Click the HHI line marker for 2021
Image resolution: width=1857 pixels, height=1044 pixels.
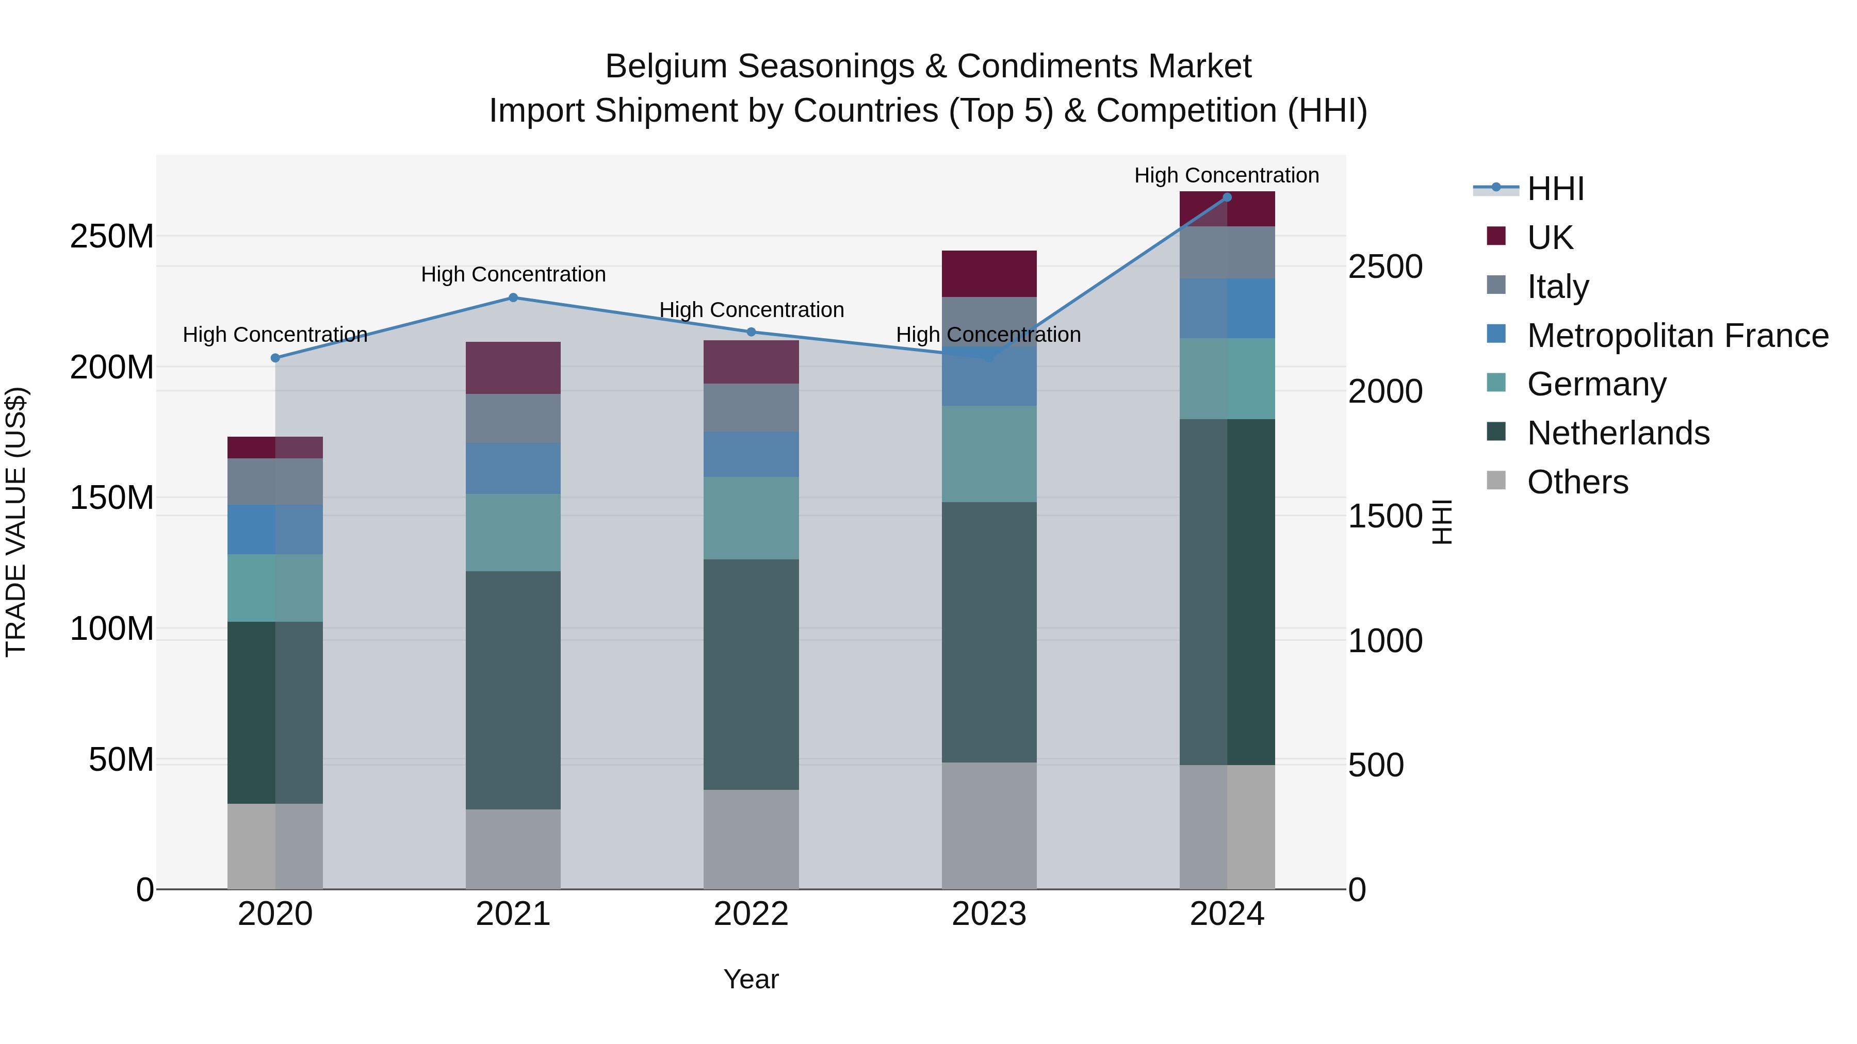click(513, 297)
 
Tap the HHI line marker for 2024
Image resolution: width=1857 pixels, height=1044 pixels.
click(1227, 197)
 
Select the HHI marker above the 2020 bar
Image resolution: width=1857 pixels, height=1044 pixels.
click(275, 358)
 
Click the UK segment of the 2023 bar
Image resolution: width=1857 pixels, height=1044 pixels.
click(989, 274)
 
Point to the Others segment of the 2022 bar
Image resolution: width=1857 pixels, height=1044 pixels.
click(751, 839)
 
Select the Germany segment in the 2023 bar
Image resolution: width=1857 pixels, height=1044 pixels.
click(989, 454)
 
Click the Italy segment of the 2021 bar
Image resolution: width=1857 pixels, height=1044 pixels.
click(513, 418)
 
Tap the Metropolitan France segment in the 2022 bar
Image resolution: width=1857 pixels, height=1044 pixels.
click(751, 454)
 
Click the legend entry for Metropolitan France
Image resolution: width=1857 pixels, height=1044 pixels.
click(1677, 336)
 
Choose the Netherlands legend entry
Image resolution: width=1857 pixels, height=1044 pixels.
click(1618, 433)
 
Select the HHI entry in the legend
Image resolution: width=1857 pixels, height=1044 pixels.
click(1555, 189)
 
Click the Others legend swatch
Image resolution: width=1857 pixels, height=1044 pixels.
click(1496, 480)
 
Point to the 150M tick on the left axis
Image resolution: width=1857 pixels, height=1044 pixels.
click(112, 498)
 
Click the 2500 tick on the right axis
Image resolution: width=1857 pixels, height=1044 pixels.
click(1385, 267)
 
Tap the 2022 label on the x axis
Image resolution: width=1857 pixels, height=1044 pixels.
click(751, 914)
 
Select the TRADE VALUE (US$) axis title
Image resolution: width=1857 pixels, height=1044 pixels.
click(16, 522)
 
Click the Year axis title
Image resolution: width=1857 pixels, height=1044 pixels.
click(751, 979)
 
